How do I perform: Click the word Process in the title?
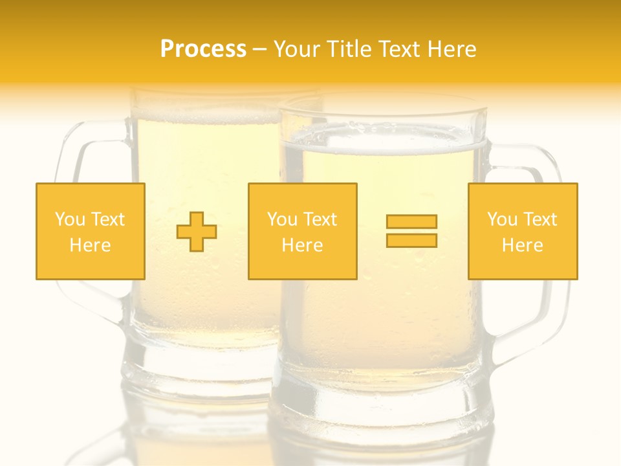tap(203, 49)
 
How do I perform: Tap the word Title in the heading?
tap(350, 49)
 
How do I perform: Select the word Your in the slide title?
tap(298, 49)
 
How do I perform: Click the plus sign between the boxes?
tap(197, 232)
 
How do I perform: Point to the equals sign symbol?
tap(411, 231)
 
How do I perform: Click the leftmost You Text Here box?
tap(91, 231)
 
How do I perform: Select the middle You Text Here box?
tap(303, 231)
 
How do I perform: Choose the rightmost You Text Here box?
tap(523, 231)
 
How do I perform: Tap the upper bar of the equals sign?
tap(411, 222)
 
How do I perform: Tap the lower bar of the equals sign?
tap(411, 240)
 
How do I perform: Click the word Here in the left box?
tap(91, 245)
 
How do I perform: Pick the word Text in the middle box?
tap(320, 219)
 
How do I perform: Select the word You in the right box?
tap(502, 219)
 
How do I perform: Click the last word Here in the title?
tap(452, 49)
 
